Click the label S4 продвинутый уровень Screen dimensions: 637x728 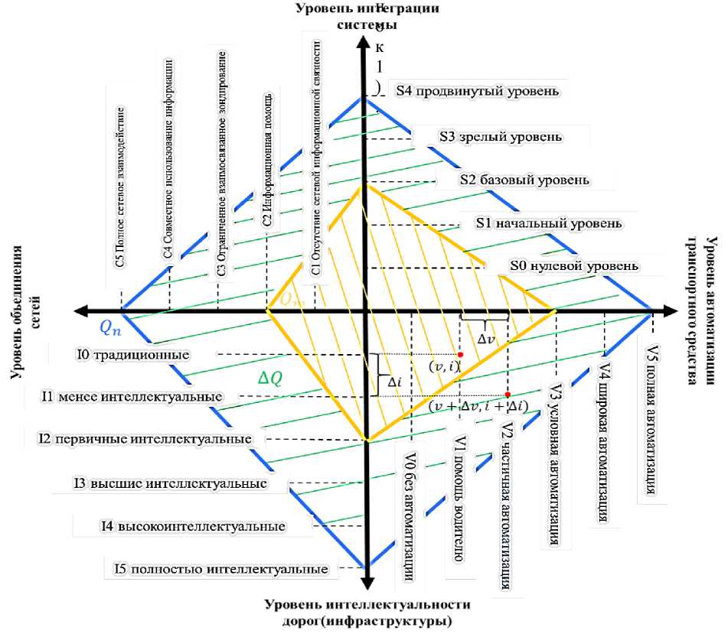[477, 90]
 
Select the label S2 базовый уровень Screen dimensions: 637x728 [524, 180]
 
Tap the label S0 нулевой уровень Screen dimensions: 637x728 [573, 267]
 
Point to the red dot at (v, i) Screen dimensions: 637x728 [460, 355]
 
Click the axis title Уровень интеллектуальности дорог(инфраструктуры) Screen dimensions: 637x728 [367, 613]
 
